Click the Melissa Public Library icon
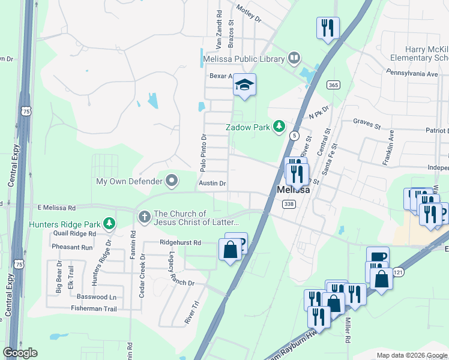[294, 58]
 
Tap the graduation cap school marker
[244, 85]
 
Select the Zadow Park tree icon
[279, 126]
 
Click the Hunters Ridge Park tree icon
[109, 224]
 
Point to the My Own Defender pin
[172, 181]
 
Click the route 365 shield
[333, 85]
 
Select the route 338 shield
[288, 204]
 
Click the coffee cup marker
[377, 257]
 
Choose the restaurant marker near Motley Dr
[328, 28]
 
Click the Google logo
[20, 353]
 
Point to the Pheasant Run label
[72, 247]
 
